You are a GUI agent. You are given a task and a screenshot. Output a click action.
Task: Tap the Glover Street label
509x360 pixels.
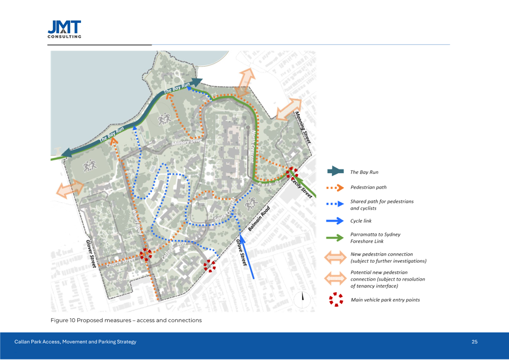[x=91, y=253]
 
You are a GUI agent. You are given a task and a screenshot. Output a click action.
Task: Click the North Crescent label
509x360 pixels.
[x=252, y=145]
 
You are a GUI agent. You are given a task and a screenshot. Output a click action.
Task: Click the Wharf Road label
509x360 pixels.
[x=137, y=222]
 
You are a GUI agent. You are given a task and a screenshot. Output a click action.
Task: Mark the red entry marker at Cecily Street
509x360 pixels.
[x=292, y=172]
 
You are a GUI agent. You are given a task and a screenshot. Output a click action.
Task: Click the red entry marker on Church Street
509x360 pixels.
[x=145, y=255]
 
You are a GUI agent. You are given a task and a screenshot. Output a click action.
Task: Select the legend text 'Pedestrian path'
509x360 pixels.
[x=368, y=187]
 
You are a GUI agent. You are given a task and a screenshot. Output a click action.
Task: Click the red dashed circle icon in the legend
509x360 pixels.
[x=336, y=299]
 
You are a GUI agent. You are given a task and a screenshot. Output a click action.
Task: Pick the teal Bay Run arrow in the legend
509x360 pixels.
[x=335, y=171]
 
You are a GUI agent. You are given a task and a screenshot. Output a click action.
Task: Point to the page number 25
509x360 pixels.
[x=474, y=342]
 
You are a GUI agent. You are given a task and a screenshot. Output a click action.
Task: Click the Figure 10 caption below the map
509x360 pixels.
[x=126, y=320]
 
